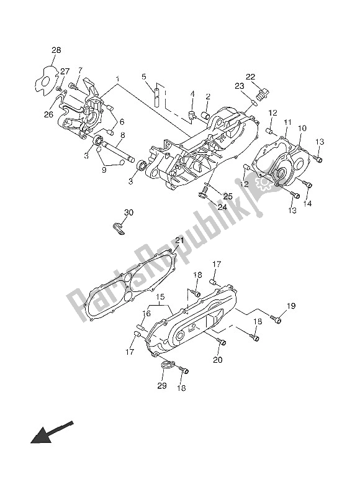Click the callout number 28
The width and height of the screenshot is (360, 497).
(56, 50)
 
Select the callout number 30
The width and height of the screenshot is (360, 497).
(128, 212)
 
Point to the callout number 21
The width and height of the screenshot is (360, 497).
(179, 240)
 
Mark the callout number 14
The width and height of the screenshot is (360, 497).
(307, 204)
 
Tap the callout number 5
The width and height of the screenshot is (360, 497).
(143, 77)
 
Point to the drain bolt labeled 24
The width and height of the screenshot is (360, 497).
(203, 194)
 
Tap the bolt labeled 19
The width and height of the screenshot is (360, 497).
(277, 320)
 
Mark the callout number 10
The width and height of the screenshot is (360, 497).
(302, 129)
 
